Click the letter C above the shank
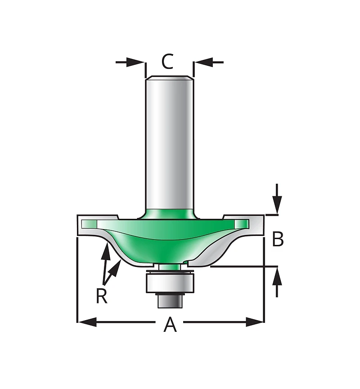point(167,61)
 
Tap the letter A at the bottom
point(170,324)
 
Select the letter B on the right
point(278,239)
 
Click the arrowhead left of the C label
point(135,62)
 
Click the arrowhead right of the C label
point(203,62)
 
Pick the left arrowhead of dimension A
point(87,322)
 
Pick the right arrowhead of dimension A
point(255,322)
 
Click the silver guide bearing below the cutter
point(170,282)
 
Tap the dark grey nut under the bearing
point(170,301)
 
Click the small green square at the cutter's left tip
point(89,224)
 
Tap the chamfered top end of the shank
point(170,78)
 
